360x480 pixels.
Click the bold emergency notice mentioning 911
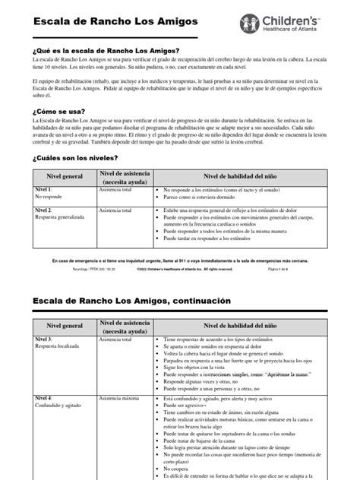pyautogui.click(x=180, y=260)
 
